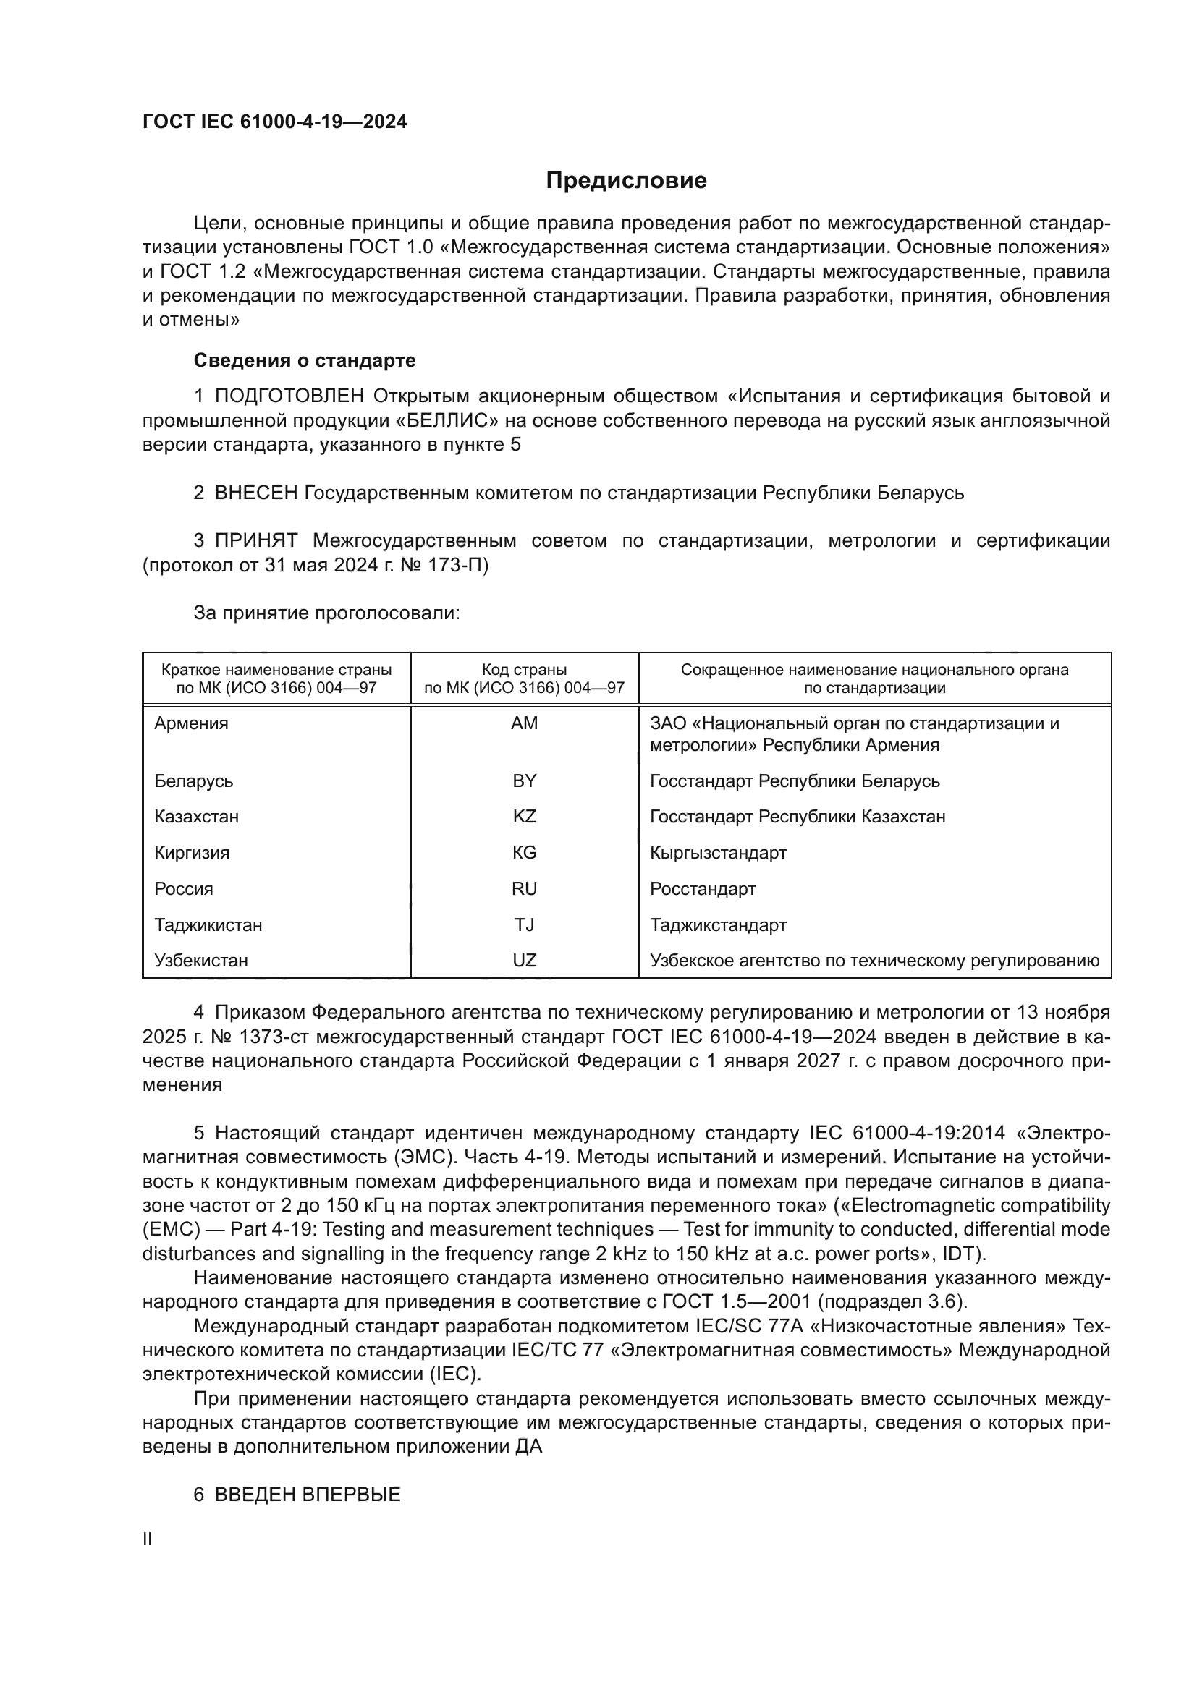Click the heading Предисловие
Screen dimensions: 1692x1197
[626, 181]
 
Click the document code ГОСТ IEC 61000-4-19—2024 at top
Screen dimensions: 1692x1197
[274, 122]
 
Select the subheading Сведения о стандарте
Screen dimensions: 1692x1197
[305, 360]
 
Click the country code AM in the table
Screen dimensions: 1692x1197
[524, 723]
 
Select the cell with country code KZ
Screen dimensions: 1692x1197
[524, 817]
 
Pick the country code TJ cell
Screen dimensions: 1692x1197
[524, 925]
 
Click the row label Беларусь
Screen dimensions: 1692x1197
[194, 781]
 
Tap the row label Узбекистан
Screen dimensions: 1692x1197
[201, 961]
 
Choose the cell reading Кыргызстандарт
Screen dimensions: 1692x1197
[718, 853]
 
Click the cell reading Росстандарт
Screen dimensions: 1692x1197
[703, 889]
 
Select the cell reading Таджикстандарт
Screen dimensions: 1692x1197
[718, 925]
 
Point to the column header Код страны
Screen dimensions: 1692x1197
[524, 670]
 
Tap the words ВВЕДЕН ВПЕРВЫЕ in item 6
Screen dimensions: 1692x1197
[308, 1474]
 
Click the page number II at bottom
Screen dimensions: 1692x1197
[148, 1539]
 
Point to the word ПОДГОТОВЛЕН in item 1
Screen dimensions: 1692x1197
[289, 396]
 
